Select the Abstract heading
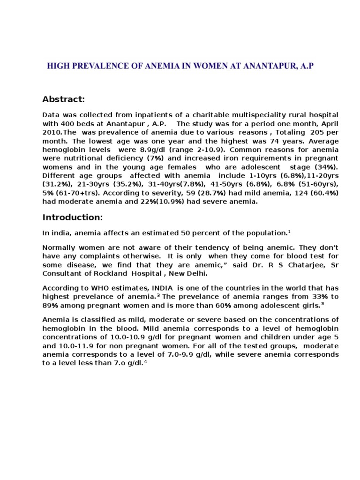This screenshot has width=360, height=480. tap(63, 99)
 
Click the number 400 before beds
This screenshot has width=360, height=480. tap(67, 123)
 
